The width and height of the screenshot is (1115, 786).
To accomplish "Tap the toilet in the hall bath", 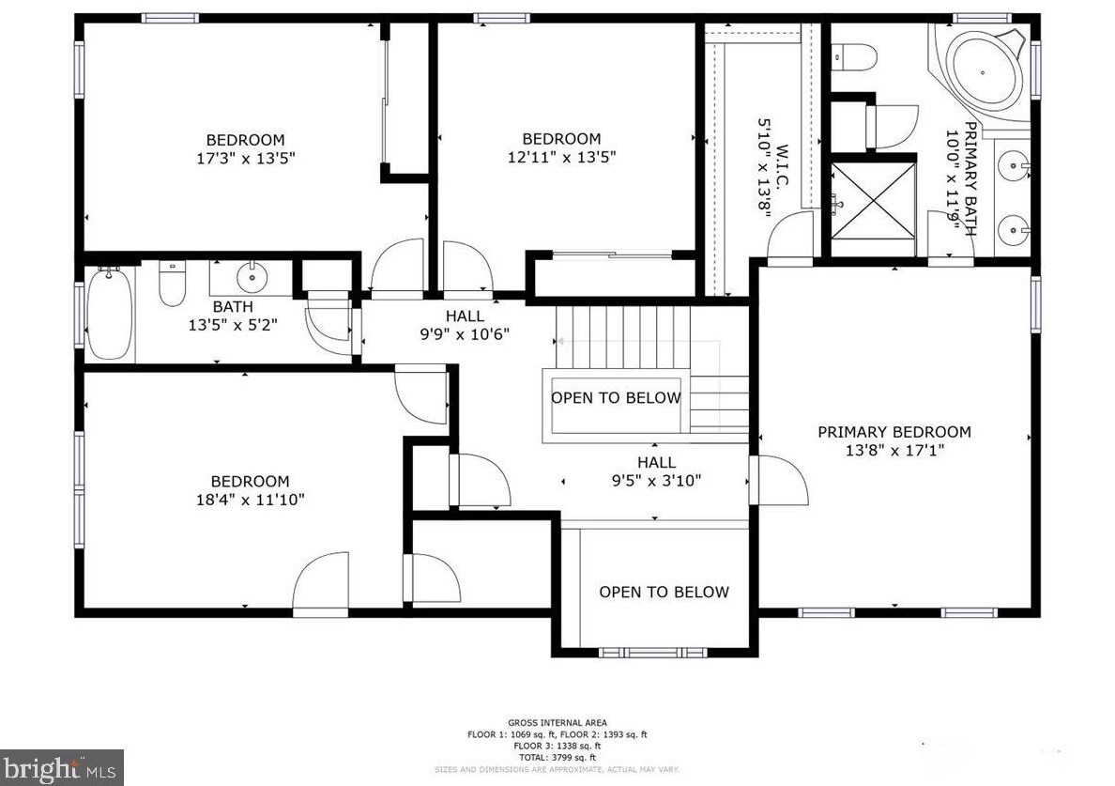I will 172,285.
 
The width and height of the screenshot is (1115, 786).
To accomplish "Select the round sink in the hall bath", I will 252,277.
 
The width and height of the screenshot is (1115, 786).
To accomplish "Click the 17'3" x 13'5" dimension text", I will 245,159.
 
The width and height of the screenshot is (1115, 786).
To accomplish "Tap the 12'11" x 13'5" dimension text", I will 561,157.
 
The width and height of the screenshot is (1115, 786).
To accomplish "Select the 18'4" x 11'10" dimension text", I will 250,500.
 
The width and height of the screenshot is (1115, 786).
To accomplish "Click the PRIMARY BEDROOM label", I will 894,432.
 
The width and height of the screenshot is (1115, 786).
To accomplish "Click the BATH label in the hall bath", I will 232,306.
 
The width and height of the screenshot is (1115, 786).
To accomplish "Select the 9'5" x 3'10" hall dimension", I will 656,480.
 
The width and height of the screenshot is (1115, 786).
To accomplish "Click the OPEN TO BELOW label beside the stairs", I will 616,398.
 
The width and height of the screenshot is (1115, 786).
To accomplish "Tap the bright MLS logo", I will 61,767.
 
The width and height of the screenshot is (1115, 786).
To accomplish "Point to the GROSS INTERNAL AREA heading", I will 557,724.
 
